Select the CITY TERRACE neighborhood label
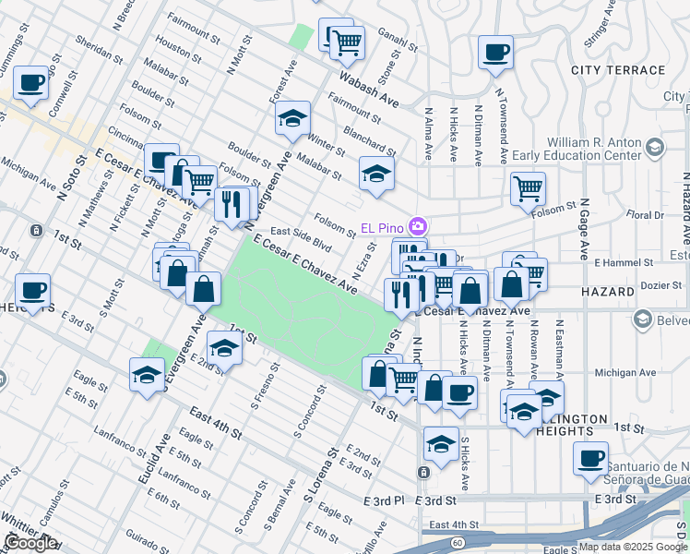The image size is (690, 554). tap(617, 70)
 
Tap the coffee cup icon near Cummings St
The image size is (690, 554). tap(30, 83)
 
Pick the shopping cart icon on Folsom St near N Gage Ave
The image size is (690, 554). tap(528, 188)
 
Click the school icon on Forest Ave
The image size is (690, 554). tap(292, 118)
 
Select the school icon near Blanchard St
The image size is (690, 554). tap(376, 173)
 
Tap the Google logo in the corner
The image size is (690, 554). tap(30, 543)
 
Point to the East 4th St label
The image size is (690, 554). tap(216, 423)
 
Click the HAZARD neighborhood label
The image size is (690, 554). tap(608, 292)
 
